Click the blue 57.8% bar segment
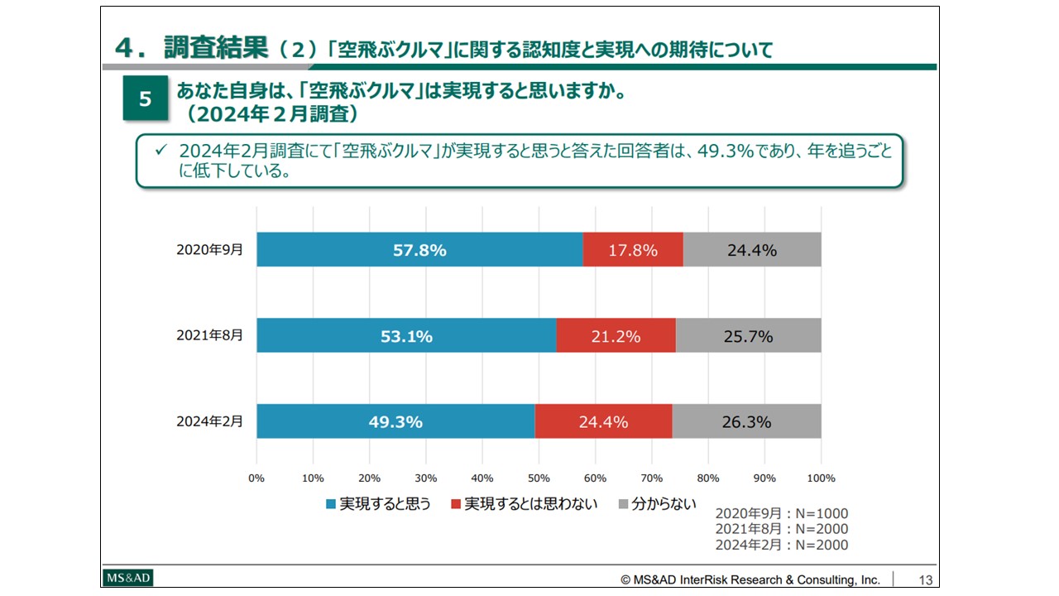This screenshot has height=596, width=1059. click(x=419, y=249)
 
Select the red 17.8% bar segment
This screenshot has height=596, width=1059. click(x=633, y=249)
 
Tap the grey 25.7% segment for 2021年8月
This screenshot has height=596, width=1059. click(x=748, y=335)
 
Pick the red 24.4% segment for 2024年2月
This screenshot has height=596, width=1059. click(x=603, y=421)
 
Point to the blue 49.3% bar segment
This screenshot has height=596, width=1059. click(x=395, y=421)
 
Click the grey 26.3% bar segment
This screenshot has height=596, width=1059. click(x=746, y=421)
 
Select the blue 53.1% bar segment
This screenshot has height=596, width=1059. click(x=406, y=335)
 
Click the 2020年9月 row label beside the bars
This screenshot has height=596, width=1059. click(x=209, y=249)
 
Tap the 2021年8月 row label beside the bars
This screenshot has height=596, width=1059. click(x=209, y=335)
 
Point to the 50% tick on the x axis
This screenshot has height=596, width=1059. click(x=539, y=478)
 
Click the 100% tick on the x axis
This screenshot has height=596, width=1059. click(x=822, y=478)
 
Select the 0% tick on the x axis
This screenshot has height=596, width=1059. click(x=256, y=478)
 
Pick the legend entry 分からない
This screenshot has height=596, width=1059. click(x=658, y=504)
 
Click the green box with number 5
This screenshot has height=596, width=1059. click(x=146, y=99)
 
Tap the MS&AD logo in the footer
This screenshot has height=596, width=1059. click(x=128, y=578)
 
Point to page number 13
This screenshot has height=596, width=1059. click(x=925, y=580)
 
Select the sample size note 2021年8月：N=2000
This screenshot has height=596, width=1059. click(x=782, y=529)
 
